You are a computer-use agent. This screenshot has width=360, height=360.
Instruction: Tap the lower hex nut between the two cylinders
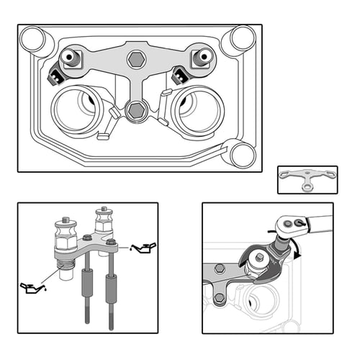tap(135, 109)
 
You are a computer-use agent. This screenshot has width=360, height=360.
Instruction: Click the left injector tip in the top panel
tap(70, 58)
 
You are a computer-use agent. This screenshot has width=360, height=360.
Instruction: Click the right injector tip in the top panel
tap(201, 56)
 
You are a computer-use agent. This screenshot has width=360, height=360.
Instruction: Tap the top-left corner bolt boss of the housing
tap(32, 40)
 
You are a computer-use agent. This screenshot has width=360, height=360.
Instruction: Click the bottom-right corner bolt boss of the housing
tap(240, 153)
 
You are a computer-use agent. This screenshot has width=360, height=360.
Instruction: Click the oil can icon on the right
tap(144, 248)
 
